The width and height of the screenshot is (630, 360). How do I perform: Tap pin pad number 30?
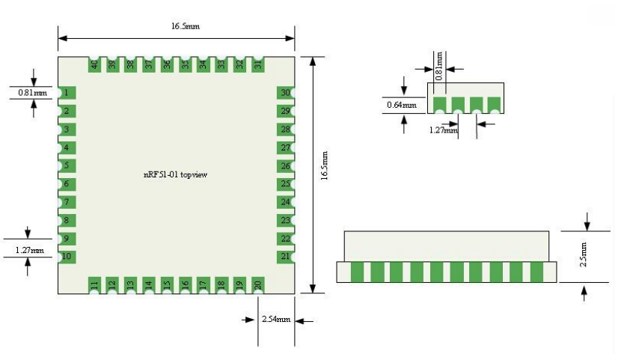coord(285,93)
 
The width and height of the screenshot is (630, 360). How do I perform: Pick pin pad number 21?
coord(285,257)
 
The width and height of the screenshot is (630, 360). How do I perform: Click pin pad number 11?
coord(94,284)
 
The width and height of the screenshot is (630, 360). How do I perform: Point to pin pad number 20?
coord(257,284)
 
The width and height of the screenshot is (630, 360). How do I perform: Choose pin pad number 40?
coord(94,65)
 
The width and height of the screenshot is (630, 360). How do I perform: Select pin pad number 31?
coord(257,65)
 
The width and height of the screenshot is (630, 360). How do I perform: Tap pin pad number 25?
coord(285,184)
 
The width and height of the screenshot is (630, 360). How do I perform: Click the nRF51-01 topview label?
coord(176,174)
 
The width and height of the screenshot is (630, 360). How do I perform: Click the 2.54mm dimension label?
coord(275,320)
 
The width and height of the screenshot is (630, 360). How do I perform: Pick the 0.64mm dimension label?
coord(401,105)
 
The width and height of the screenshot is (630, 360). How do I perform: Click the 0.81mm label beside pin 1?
coord(32,94)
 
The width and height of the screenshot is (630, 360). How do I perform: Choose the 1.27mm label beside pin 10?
coord(29,250)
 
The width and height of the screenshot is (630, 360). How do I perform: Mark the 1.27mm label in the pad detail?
coord(443,130)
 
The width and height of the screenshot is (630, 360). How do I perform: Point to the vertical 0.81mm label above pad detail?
coord(439,65)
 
